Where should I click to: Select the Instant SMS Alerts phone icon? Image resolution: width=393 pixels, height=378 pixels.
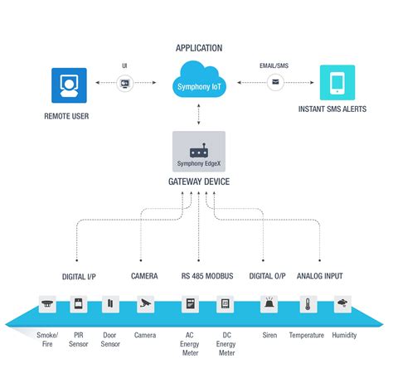pos(337,83)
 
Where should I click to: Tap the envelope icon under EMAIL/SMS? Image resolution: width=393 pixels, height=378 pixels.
pos(274,83)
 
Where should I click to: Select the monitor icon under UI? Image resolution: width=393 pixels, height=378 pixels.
pos(125,83)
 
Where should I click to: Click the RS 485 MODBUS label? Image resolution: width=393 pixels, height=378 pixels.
pos(207,276)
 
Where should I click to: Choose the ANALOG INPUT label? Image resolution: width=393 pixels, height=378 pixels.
pos(320,276)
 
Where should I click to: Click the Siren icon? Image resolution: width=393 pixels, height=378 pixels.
pos(270,304)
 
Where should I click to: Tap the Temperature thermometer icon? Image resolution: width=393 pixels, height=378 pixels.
pos(306,304)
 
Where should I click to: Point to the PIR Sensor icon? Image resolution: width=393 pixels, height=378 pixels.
pos(79,304)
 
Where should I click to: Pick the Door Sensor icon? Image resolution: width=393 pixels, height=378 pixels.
pos(108,304)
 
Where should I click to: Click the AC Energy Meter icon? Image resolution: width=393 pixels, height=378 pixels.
pos(189,304)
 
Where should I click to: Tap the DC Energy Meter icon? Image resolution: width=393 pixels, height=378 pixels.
pos(225,304)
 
